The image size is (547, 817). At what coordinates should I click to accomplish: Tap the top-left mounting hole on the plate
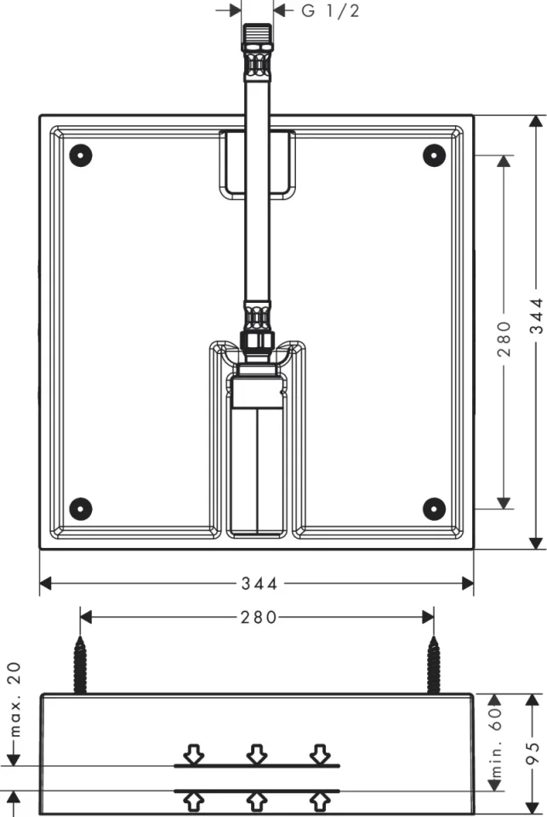pyautogui.click(x=80, y=155)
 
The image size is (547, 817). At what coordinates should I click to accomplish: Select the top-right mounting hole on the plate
pyautogui.click(x=434, y=155)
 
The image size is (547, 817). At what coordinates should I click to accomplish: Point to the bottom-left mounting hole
pyautogui.click(x=80, y=508)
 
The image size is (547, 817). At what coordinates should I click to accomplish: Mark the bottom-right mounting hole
pyautogui.click(x=434, y=508)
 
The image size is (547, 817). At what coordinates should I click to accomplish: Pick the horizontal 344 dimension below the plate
pyautogui.click(x=259, y=583)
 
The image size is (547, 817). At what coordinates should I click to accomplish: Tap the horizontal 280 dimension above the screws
pyautogui.click(x=259, y=617)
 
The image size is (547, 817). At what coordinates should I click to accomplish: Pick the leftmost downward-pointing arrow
pyautogui.click(x=194, y=753)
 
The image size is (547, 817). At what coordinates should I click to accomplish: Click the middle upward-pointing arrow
pyautogui.click(x=257, y=800)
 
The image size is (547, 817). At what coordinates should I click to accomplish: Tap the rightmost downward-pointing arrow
pyautogui.click(x=320, y=753)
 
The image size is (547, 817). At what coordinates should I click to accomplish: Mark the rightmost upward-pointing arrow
pyautogui.click(x=320, y=800)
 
